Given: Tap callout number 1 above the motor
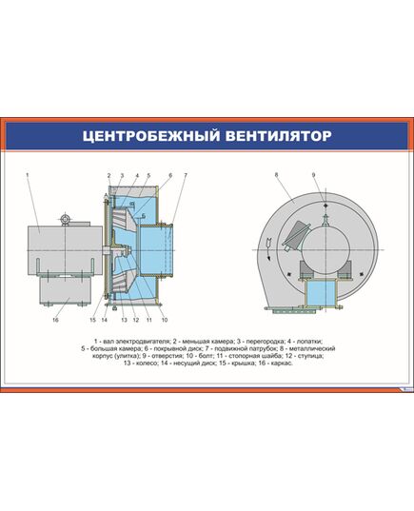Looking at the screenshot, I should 29,176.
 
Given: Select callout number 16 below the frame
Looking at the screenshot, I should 55,321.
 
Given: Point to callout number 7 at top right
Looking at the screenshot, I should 185,176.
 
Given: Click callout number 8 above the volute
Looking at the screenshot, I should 275,176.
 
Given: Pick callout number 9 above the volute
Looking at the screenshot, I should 313,176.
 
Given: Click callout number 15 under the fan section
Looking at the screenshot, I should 93,321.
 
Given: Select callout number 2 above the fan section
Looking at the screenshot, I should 109,176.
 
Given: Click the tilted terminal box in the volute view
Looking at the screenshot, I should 296,235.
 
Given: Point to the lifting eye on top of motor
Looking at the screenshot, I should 66,220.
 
